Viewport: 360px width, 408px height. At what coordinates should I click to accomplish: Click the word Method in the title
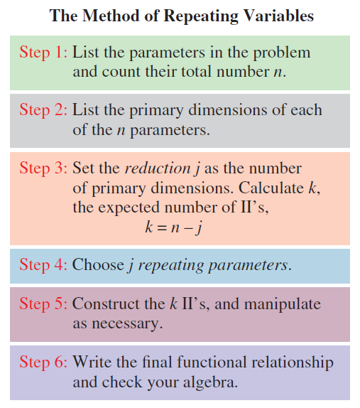click(111, 16)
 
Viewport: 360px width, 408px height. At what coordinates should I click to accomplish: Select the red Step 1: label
click(43, 53)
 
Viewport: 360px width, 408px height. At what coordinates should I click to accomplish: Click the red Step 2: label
click(43, 109)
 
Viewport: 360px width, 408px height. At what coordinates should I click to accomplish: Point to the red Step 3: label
click(43, 168)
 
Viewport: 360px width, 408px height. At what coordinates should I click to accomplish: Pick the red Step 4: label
click(43, 264)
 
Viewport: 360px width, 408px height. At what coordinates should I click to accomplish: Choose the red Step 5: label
click(43, 304)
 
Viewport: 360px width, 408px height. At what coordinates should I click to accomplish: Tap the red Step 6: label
click(43, 362)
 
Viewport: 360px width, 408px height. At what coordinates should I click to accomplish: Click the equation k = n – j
click(174, 227)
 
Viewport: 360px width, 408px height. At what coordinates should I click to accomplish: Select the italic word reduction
click(158, 168)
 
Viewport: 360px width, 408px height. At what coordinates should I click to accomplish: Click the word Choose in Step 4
click(98, 264)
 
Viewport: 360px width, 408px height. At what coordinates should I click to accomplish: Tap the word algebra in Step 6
click(210, 382)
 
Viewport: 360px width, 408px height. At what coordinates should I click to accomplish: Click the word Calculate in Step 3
click(271, 188)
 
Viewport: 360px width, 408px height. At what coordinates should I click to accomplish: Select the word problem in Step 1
click(282, 53)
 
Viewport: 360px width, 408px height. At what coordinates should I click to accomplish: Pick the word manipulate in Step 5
click(283, 304)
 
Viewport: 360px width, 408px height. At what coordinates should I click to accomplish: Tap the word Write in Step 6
click(92, 362)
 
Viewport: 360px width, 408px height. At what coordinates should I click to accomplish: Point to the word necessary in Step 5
click(127, 324)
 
